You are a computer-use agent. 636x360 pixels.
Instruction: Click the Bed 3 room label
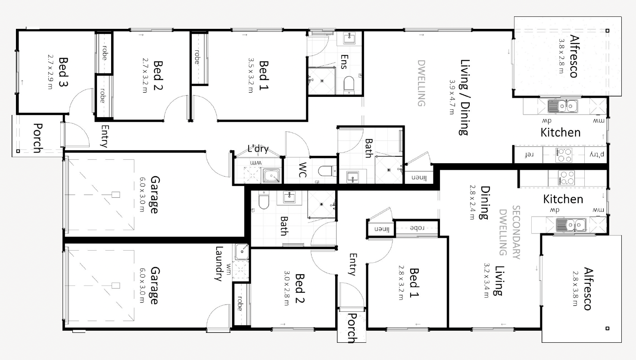63,72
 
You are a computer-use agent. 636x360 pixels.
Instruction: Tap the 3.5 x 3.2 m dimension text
251,75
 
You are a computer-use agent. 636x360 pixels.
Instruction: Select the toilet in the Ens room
349,84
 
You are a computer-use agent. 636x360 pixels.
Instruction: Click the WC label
302,170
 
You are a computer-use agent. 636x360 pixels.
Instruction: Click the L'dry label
258,149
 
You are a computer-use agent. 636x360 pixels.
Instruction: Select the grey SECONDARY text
516,232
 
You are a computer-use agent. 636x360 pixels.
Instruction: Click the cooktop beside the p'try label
564,155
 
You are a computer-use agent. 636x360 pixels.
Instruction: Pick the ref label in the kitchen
529,155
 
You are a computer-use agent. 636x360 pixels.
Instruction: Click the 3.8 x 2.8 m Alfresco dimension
561,56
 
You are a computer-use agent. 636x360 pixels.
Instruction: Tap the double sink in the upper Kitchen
563,106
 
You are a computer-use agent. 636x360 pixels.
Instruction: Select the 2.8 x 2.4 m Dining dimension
472,202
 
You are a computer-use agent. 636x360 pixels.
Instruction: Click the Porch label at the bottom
352,328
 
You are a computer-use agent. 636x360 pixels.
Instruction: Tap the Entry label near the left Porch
105,136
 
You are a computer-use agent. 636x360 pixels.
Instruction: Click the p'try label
597,155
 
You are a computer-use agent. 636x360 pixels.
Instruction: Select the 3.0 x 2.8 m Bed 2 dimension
287,288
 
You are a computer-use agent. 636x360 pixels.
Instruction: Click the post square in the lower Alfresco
607,328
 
